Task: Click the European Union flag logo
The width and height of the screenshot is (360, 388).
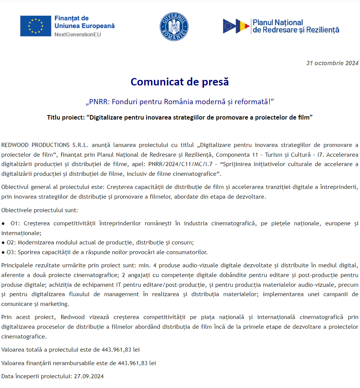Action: pyautogui.click(x=36, y=26)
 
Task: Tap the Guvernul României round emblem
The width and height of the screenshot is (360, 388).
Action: pyautogui.click(x=174, y=26)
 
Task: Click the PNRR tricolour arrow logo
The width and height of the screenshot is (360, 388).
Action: pyautogui.click(x=236, y=26)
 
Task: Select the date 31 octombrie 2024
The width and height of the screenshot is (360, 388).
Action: pyautogui.click(x=332, y=63)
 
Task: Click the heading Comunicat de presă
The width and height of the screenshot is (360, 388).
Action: pyautogui.click(x=180, y=82)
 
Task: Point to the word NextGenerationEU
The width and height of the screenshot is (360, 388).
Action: pyautogui.click(x=78, y=34)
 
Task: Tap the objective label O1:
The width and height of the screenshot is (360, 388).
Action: pyautogui.click(x=15, y=223)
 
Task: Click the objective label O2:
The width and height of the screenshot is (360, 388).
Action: pyautogui.click(x=11, y=242)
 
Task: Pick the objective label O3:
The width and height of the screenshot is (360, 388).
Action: pyautogui.click(x=11, y=252)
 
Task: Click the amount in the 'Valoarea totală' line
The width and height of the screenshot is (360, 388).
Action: pyautogui.click(x=120, y=350)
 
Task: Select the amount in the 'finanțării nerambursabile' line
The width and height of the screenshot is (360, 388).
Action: pyautogui.click(x=137, y=363)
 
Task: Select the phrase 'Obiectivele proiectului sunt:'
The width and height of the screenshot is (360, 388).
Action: pyautogui.click(x=40, y=210)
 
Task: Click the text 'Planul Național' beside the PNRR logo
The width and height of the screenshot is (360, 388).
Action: pyautogui.click(x=278, y=22)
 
